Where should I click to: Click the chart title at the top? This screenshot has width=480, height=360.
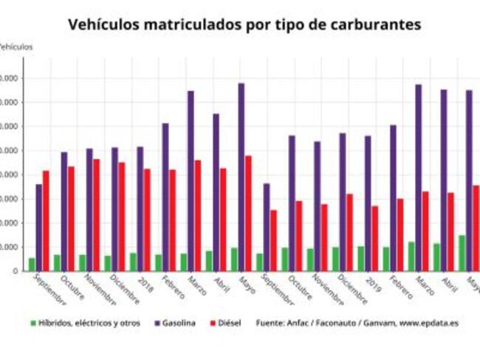pos(244,24)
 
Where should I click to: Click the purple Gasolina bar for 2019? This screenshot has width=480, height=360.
pos(368,203)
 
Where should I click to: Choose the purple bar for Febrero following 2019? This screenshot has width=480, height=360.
pos(393,197)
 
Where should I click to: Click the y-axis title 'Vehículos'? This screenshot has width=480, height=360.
pos(15,47)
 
